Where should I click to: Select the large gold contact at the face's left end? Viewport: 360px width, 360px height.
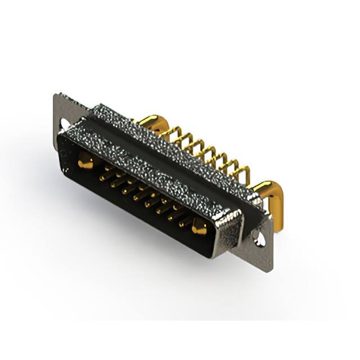coord(85,164)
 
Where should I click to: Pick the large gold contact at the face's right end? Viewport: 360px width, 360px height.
coord(199,228)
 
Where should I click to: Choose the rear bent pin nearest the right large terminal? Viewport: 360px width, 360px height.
coord(244,175)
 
